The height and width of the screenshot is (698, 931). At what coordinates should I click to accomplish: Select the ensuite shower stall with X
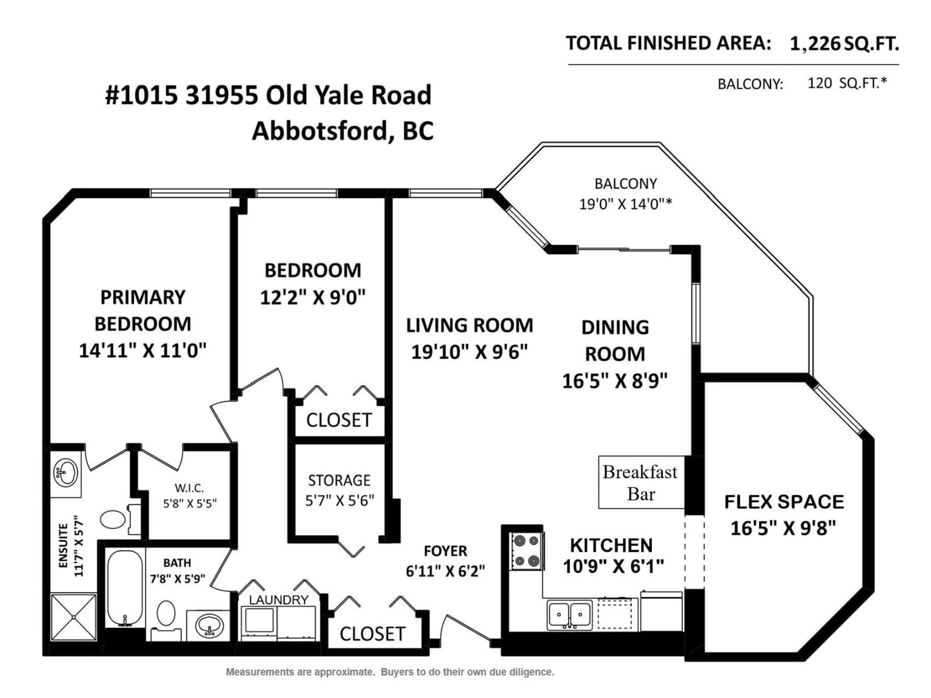[74, 617]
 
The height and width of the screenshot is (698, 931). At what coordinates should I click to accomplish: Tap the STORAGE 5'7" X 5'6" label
[339, 490]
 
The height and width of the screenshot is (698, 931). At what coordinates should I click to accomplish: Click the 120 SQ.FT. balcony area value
[846, 83]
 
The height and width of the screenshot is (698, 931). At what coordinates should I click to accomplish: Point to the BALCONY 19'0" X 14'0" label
[626, 194]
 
